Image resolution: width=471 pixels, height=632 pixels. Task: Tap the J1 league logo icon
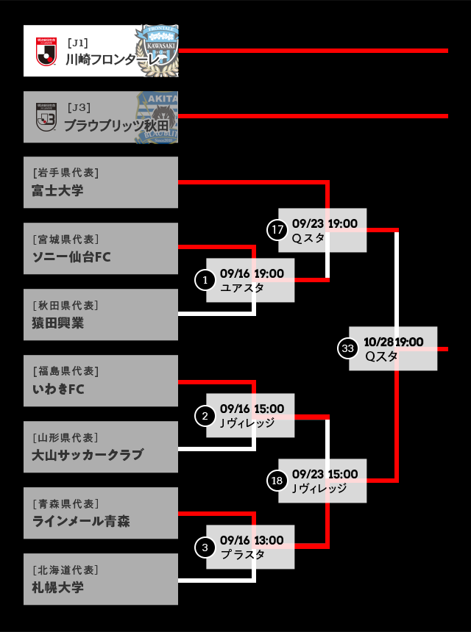pyautogui.click(x=46, y=51)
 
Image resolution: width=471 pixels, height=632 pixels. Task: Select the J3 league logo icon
pyautogui.click(x=46, y=117)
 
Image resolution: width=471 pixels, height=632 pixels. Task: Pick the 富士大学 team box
pyautogui.click(x=101, y=182)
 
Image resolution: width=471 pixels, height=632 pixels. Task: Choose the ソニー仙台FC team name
pyautogui.click(x=71, y=257)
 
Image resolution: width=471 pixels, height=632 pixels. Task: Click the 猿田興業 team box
pyautogui.click(x=101, y=315)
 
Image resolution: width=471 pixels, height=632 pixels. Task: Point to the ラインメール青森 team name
pyautogui.click(x=81, y=522)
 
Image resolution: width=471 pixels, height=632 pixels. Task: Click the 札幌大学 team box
pyautogui.click(x=101, y=579)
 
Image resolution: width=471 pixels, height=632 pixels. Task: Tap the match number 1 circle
pyautogui.click(x=205, y=279)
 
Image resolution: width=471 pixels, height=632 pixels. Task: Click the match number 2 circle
pyautogui.click(x=205, y=416)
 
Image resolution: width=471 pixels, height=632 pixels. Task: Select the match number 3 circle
pyautogui.click(x=205, y=547)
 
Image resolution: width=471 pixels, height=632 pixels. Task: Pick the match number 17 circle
pyautogui.click(x=277, y=230)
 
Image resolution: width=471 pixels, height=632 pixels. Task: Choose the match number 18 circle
pyautogui.click(x=277, y=481)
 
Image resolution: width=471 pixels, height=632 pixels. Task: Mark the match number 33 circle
pyautogui.click(x=347, y=348)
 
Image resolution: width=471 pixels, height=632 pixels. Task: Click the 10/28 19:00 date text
pyautogui.click(x=393, y=342)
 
